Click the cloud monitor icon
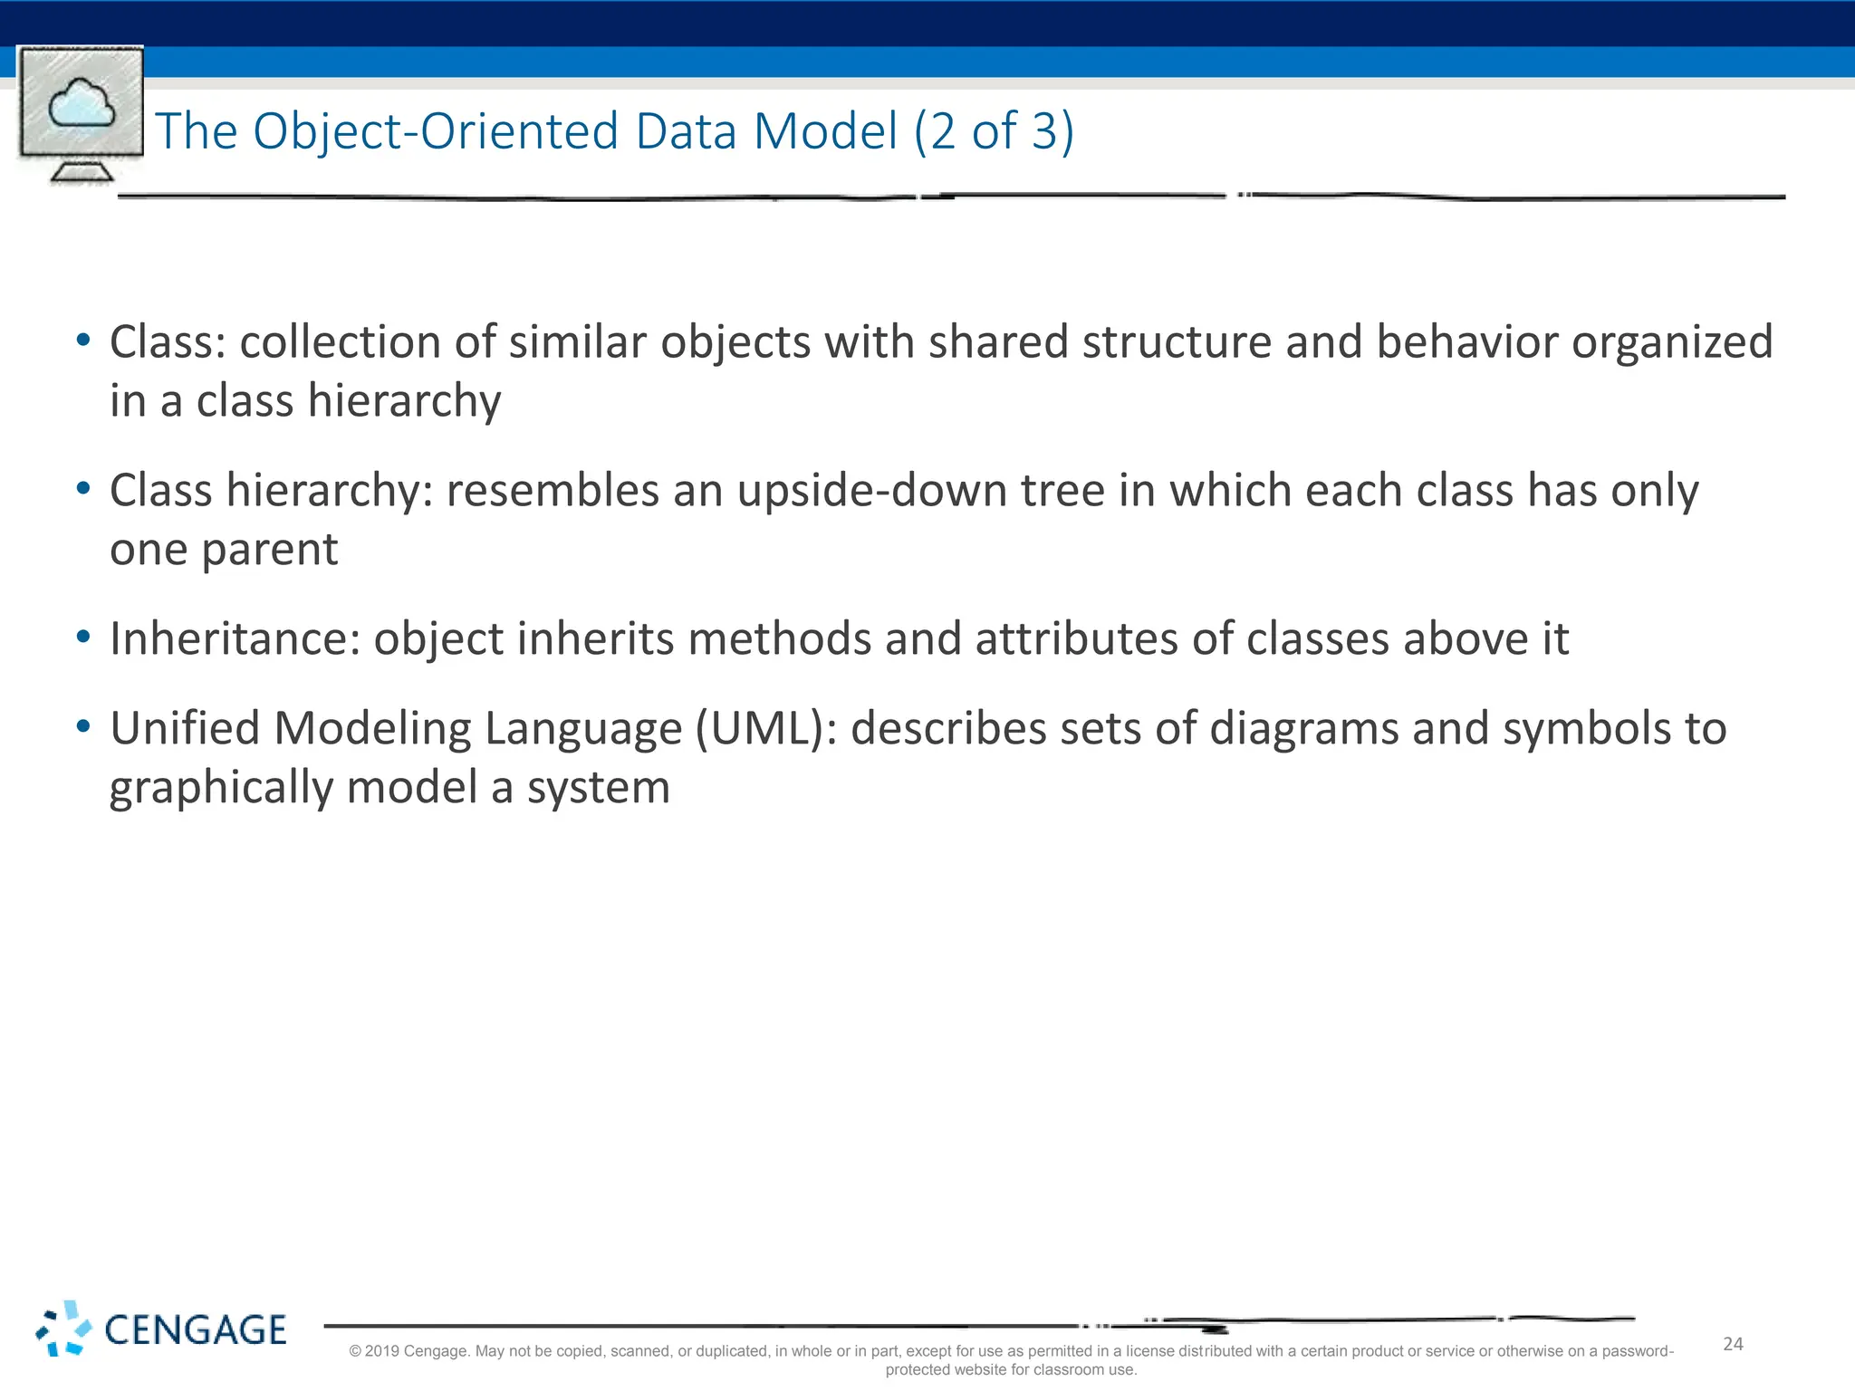[81, 113]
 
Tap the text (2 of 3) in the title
[994, 131]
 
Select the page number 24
[1733, 1344]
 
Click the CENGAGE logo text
[196, 1330]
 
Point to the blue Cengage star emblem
[63, 1329]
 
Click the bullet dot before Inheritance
[83, 638]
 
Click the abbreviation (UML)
[766, 729]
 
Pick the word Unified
[185, 729]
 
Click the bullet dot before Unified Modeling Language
[83, 726]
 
